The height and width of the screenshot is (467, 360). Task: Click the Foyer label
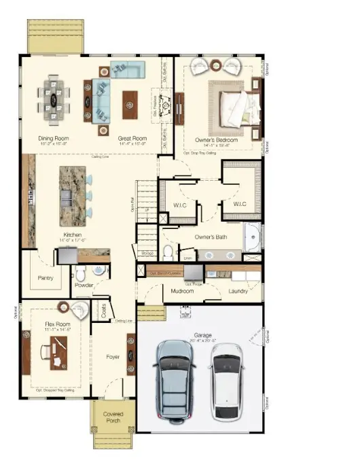[113, 356]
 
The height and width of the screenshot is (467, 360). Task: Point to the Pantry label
[45, 277]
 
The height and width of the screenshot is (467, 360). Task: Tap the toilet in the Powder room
[81, 274]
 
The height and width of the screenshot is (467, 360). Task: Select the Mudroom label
[183, 291]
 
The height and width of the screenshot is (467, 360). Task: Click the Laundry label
[238, 291]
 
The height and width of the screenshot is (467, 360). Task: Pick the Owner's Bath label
[210, 237]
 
